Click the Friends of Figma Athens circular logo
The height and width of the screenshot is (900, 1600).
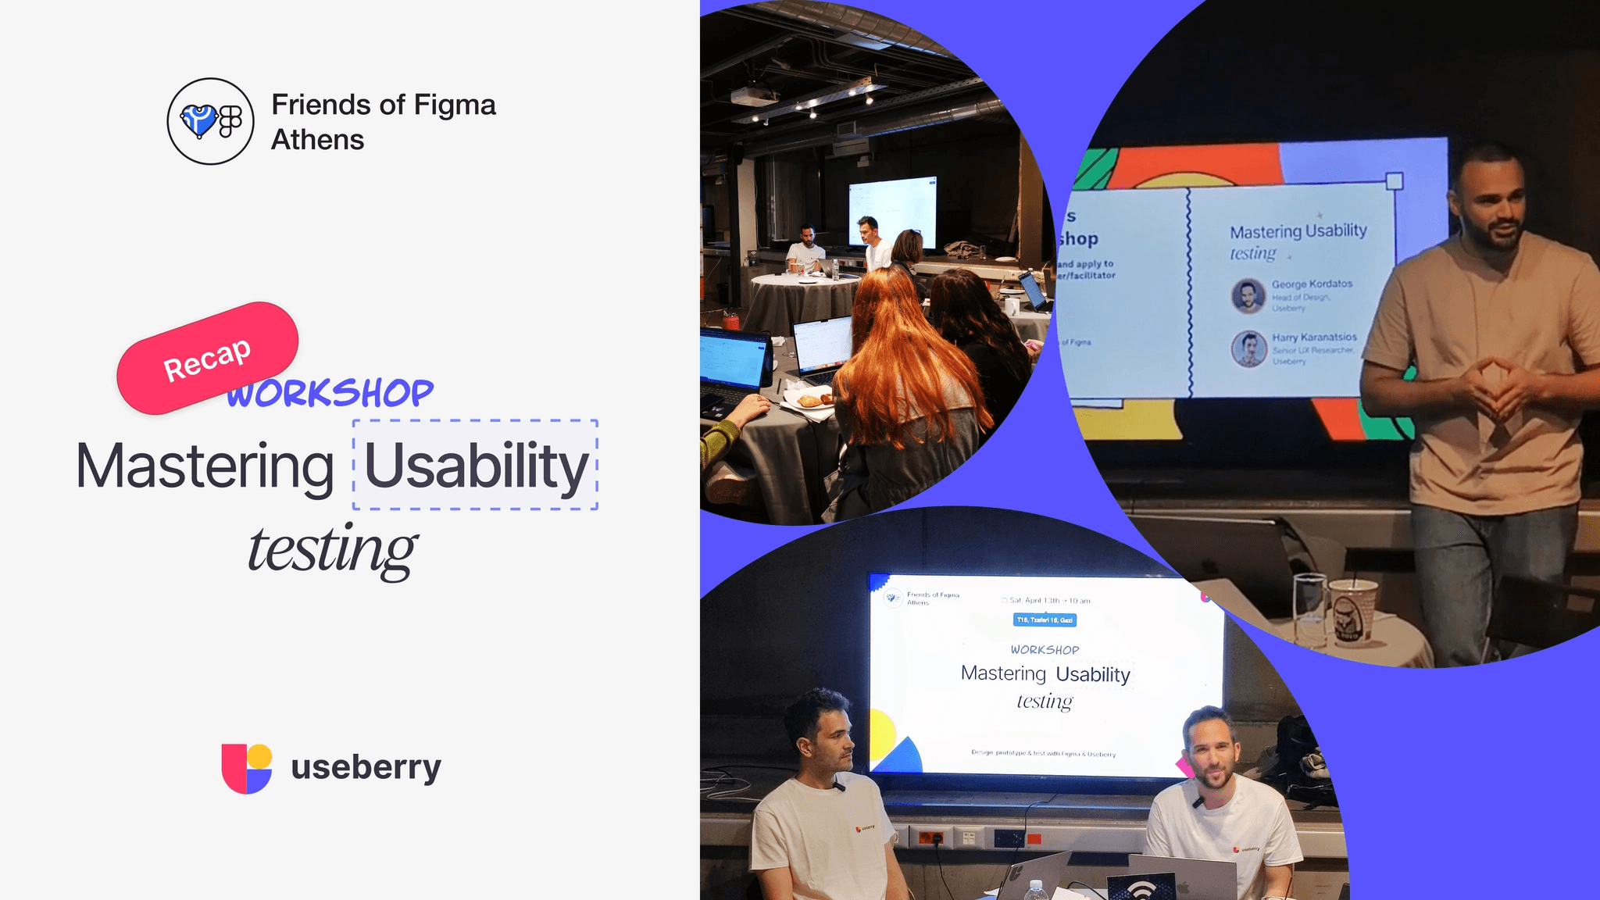210,121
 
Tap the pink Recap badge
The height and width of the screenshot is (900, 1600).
207,359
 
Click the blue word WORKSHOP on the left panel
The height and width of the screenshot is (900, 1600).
330,393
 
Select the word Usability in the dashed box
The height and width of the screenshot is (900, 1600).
476,466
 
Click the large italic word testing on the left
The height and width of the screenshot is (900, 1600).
332,549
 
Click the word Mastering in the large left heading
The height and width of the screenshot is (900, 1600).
205,466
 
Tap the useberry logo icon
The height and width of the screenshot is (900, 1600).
247,768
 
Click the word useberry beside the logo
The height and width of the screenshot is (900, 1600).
366,767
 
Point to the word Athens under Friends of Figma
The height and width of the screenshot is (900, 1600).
317,140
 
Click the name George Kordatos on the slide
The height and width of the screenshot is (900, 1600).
1312,284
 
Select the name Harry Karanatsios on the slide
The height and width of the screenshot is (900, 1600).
1314,337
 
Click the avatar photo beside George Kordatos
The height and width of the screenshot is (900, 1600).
1248,296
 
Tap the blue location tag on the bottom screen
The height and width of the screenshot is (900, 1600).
1045,620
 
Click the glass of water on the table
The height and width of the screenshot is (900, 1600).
1310,609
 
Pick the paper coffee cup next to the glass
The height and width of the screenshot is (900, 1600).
1353,610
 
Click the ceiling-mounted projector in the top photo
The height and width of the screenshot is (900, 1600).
754,96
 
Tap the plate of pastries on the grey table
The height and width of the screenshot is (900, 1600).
810,400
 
